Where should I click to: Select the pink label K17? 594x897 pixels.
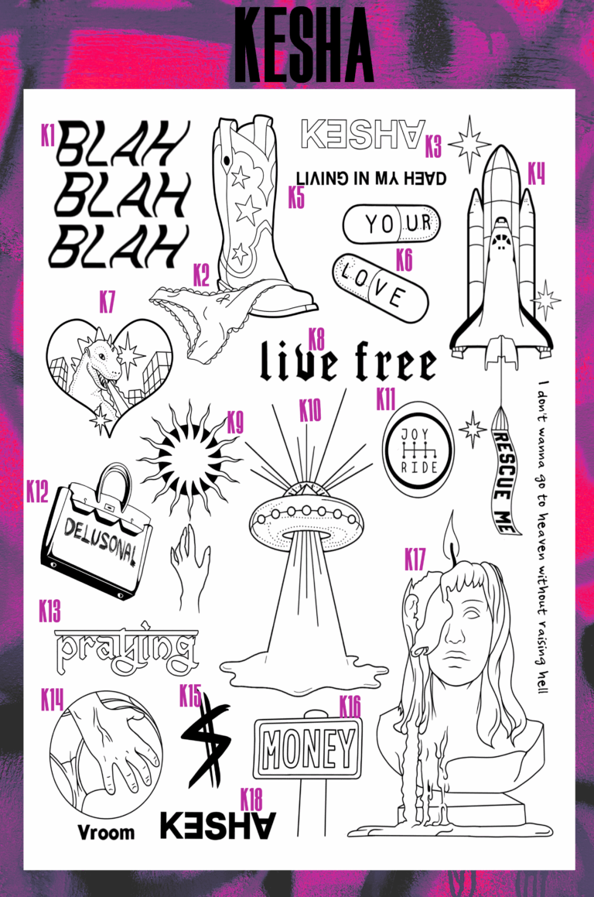[x=415, y=560]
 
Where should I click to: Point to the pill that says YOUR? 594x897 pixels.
[x=391, y=224]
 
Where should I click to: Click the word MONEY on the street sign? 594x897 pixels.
[x=308, y=748]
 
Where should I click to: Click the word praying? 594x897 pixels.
[x=126, y=649]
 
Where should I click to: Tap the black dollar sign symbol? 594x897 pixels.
[x=205, y=738]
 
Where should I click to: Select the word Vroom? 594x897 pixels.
[x=106, y=832]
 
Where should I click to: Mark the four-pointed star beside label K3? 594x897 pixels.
[x=469, y=144]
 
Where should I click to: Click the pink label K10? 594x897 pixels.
[x=310, y=410]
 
